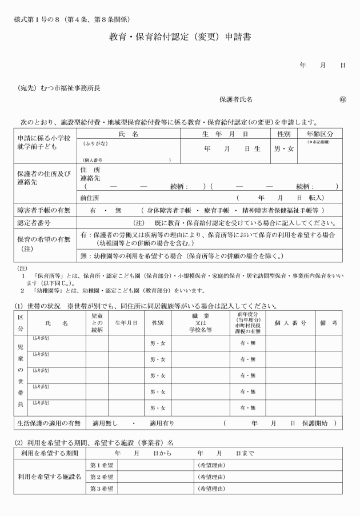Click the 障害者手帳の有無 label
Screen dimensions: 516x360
point(43,210)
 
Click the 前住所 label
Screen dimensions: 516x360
point(90,198)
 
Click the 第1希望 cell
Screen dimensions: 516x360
point(101,465)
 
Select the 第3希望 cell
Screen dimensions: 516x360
point(101,489)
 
